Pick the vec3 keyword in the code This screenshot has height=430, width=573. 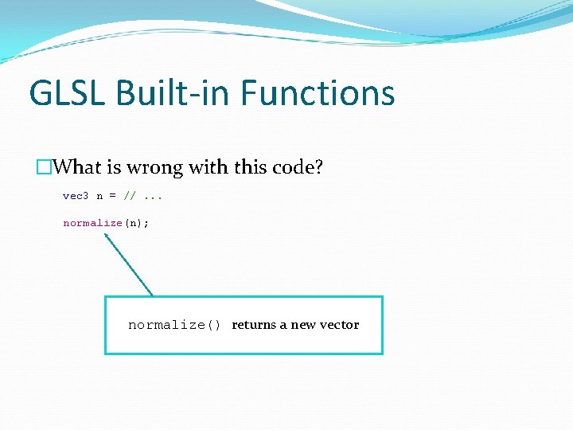[x=76, y=196]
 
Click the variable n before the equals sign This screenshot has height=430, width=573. [x=99, y=196]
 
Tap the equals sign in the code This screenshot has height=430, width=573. [x=112, y=196]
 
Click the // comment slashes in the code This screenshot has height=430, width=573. [x=128, y=196]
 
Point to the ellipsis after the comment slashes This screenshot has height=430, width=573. [x=148, y=196]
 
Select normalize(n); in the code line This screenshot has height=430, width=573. [x=106, y=223]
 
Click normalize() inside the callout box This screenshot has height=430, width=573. [x=174, y=325]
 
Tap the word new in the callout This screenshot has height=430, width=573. [x=302, y=325]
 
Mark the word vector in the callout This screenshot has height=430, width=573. [x=339, y=325]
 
